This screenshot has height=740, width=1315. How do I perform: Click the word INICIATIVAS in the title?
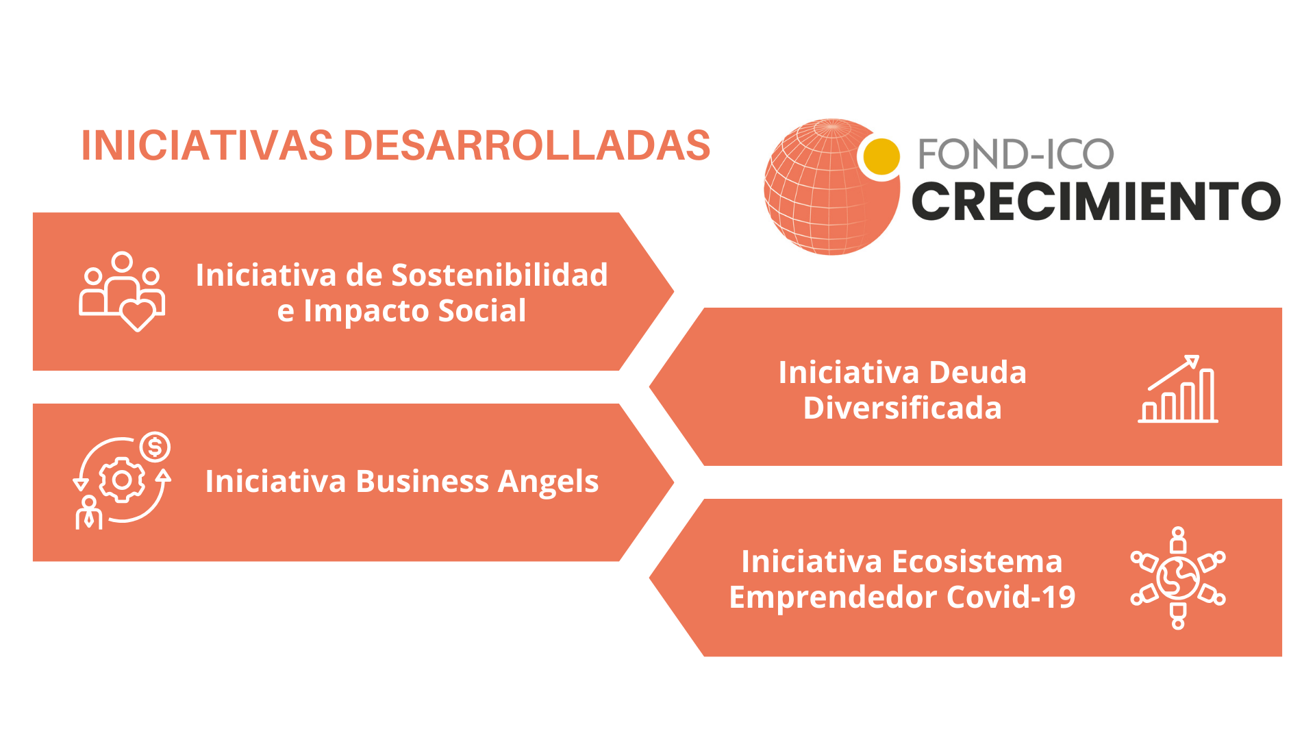coord(207,145)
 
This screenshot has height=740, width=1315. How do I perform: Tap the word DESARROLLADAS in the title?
coord(527,145)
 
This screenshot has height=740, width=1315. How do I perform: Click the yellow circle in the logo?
coord(881,156)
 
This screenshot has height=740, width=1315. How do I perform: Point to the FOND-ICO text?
coord(1016,154)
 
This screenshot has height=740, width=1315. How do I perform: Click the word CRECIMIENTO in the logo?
coord(1096,201)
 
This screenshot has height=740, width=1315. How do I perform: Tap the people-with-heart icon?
coord(122,291)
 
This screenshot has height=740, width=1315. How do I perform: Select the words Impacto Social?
coord(415,311)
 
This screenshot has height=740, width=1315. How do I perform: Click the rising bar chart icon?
coord(1178,388)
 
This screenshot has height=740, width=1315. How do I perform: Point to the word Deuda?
coord(978,373)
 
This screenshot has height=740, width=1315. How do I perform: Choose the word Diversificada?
coord(903,408)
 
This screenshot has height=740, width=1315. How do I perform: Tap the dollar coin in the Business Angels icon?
coord(155,447)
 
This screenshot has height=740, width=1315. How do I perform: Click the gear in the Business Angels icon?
coord(122,480)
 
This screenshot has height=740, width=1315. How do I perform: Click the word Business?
coord(422,481)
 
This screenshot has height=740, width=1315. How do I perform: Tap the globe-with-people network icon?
coord(1178,578)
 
